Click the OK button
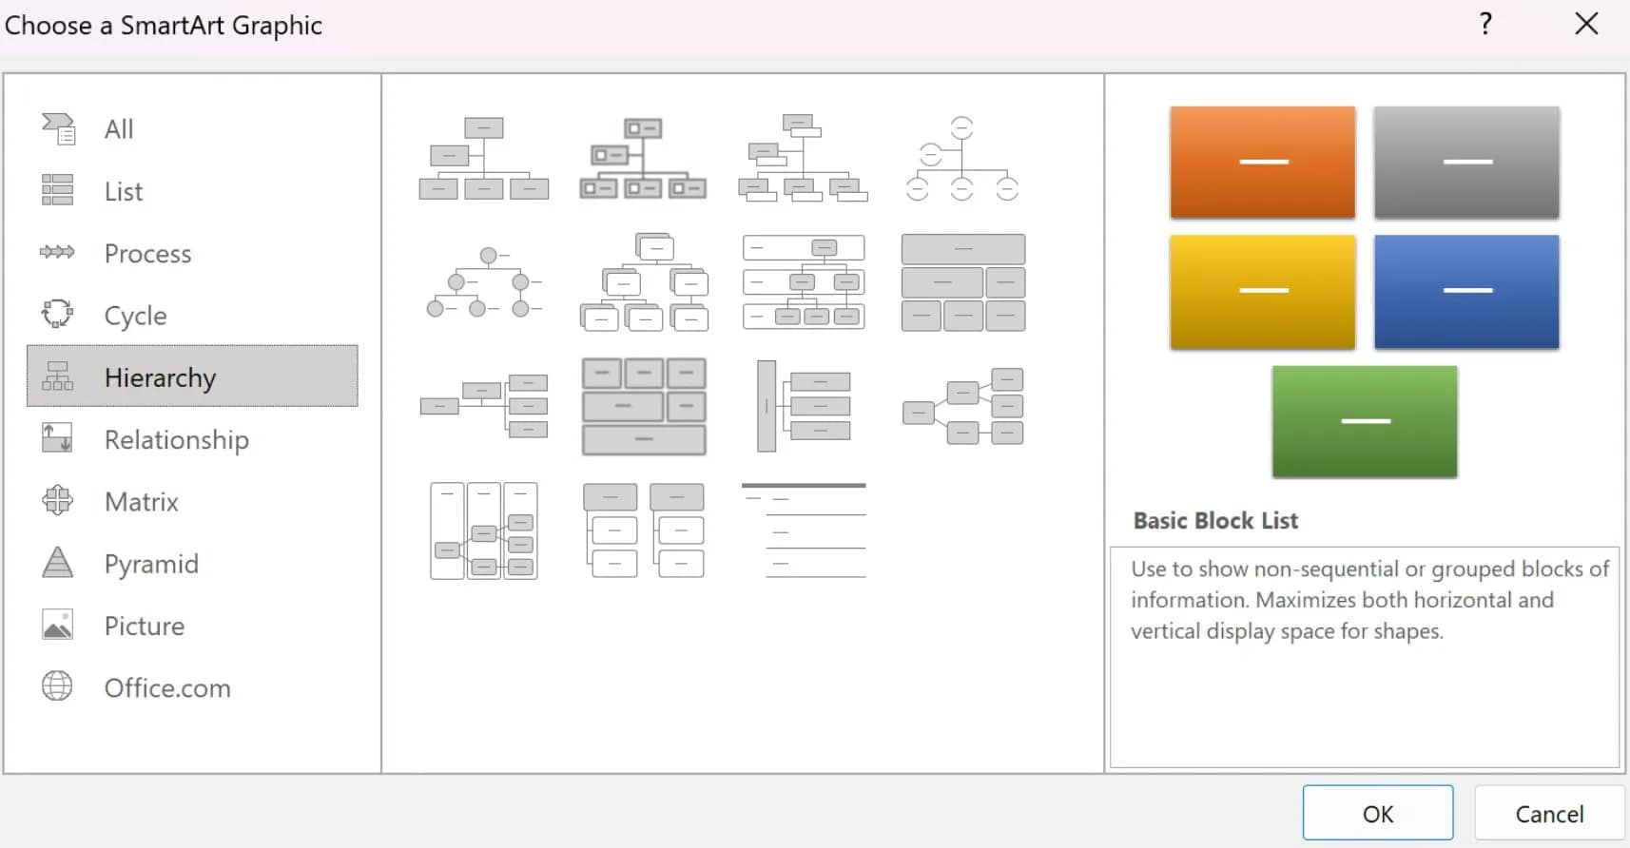[1377, 813]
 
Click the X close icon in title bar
[1586, 24]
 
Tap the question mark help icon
[1485, 24]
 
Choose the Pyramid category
[150, 564]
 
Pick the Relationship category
[176, 440]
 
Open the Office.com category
[166, 688]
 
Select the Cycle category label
[135, 316]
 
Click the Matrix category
[141, 502]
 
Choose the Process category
[147, 254]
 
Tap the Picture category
[144, 626]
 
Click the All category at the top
[118, 129]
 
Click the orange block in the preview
[1262, 163]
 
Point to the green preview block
[1364, 421]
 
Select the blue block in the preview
[1465, 291]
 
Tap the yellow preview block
[1262, 291]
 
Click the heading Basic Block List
[1215, 521]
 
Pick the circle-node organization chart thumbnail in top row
[962, 159]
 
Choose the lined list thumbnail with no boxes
[804, 530]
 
